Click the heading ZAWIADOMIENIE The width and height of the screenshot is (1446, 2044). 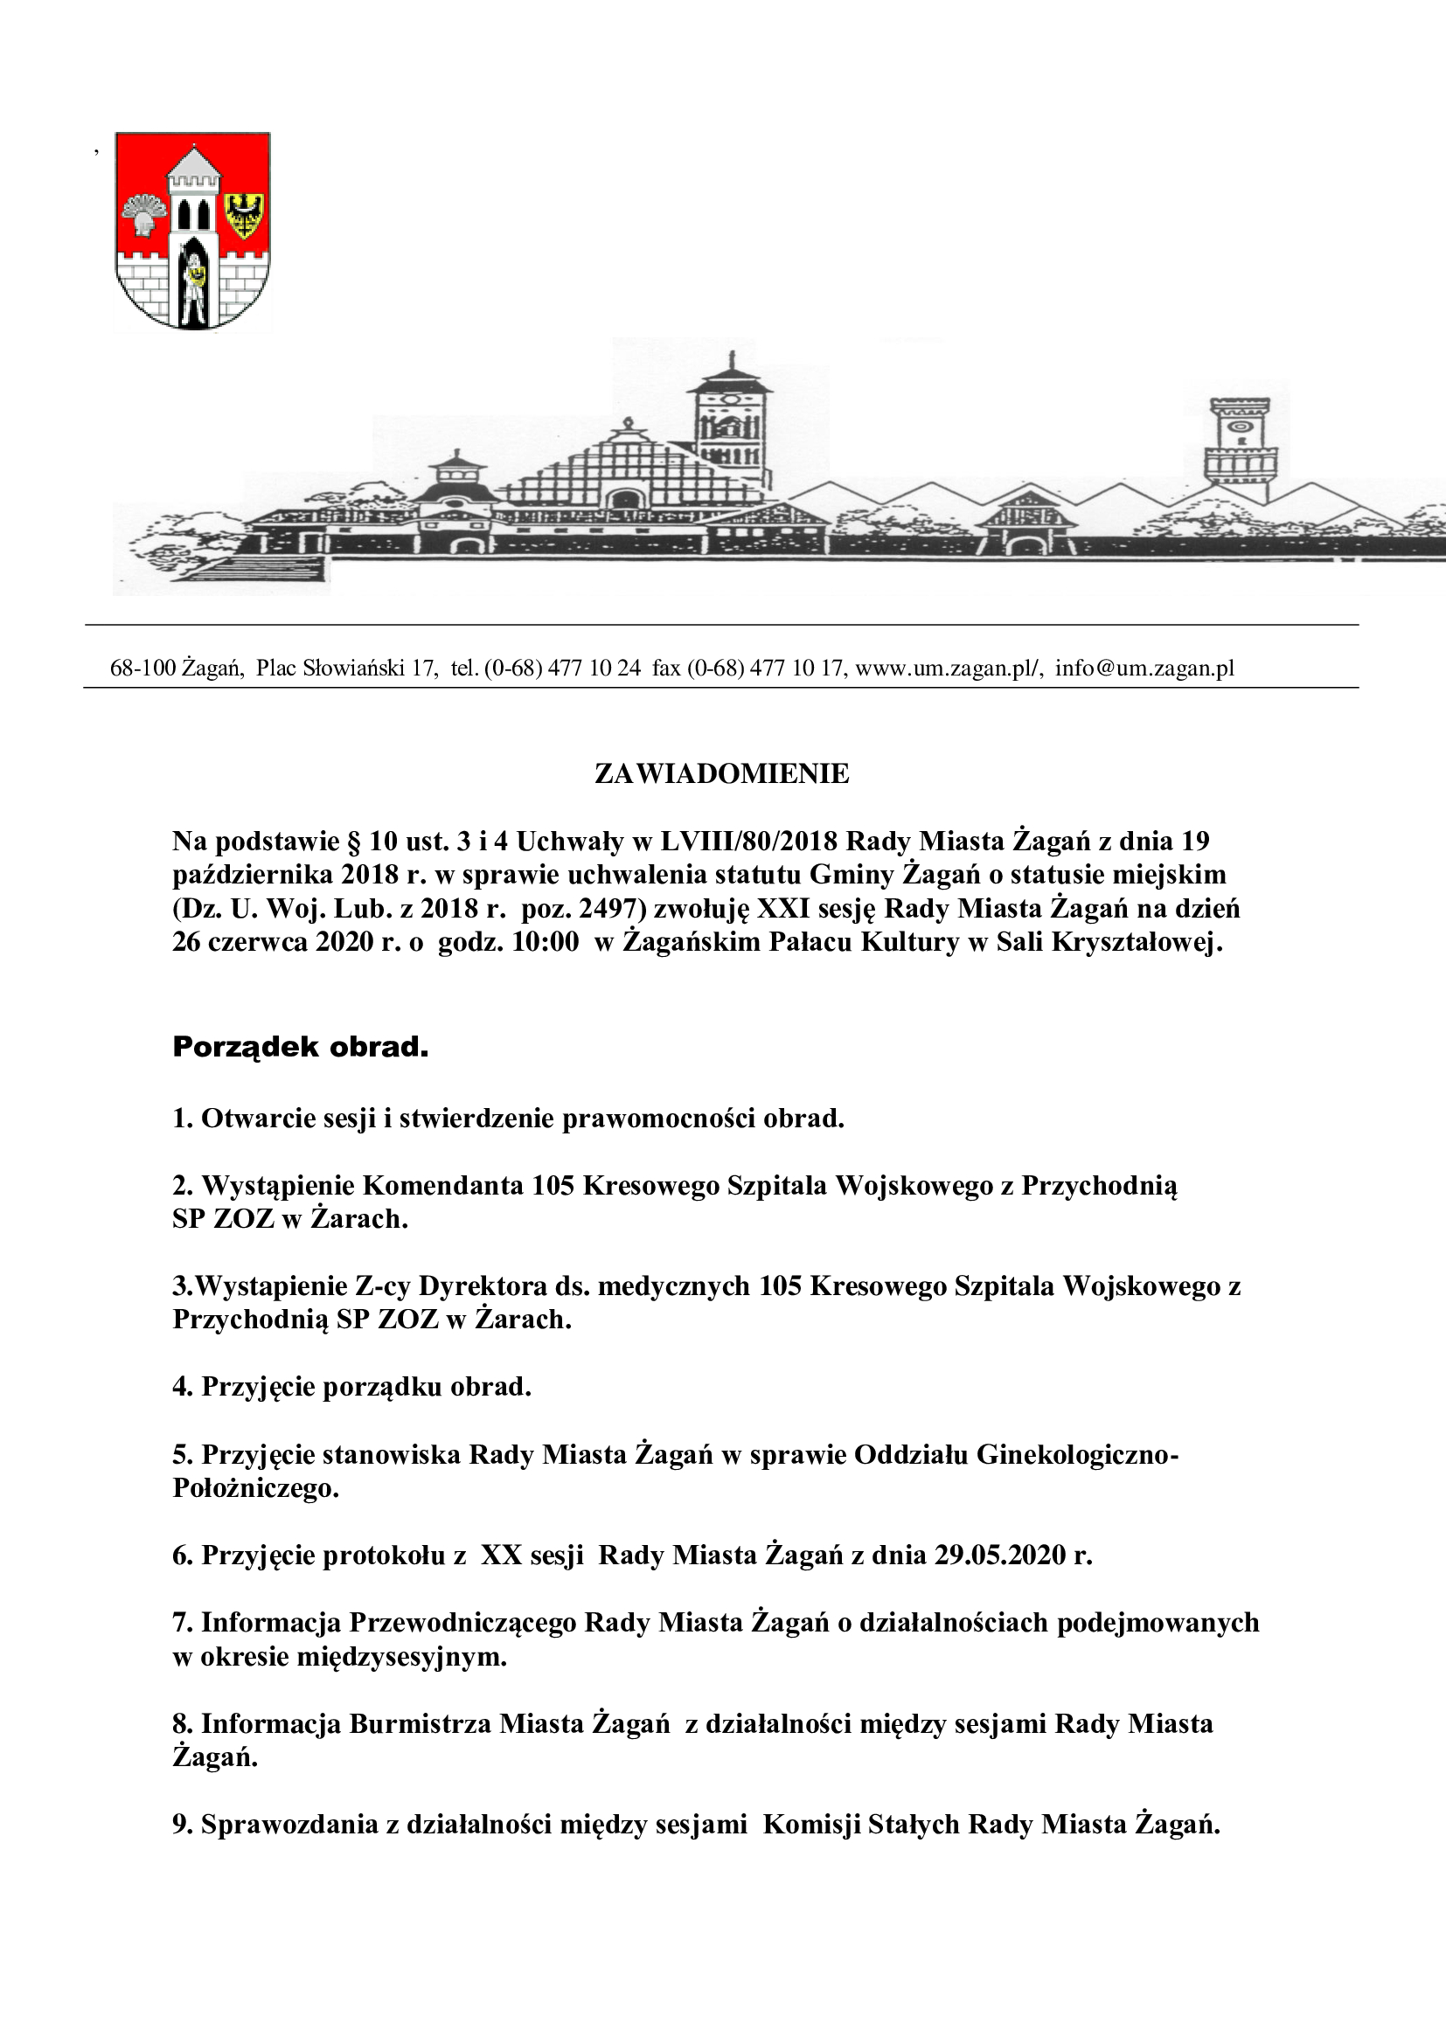(721, 774)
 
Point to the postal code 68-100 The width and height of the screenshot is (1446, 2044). (143, 669)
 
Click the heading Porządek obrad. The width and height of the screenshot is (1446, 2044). (300, 1048)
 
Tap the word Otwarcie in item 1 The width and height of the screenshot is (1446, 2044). (251, 1119)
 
